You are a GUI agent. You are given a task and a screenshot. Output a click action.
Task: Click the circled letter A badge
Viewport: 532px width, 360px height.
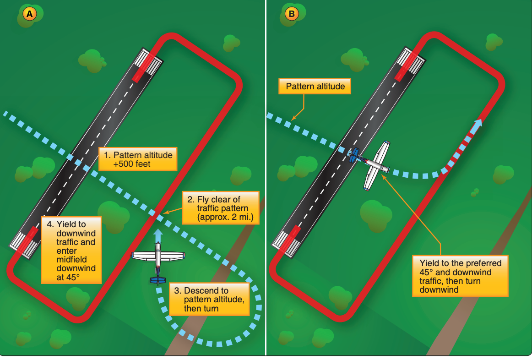[x=30, y=14]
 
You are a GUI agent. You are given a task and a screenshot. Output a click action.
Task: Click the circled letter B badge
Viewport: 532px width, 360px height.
[x=291, y=14]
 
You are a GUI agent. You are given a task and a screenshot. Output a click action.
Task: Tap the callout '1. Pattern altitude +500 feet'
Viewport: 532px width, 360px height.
[x=138, y=159]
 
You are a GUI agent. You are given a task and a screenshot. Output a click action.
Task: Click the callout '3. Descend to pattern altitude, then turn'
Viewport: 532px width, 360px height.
[x=209, y=299]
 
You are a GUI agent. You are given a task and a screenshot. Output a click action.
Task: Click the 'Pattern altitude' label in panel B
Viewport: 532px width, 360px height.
[x=315, y=86]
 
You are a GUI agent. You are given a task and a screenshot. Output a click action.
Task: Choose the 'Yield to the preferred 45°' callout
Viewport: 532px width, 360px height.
[x=460, y=276]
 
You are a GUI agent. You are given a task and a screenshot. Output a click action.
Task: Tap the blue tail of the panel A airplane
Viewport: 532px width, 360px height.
[x=158, y=279]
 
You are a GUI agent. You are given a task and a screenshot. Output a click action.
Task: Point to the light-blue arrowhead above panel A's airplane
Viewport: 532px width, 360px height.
[x=157, y=233]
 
